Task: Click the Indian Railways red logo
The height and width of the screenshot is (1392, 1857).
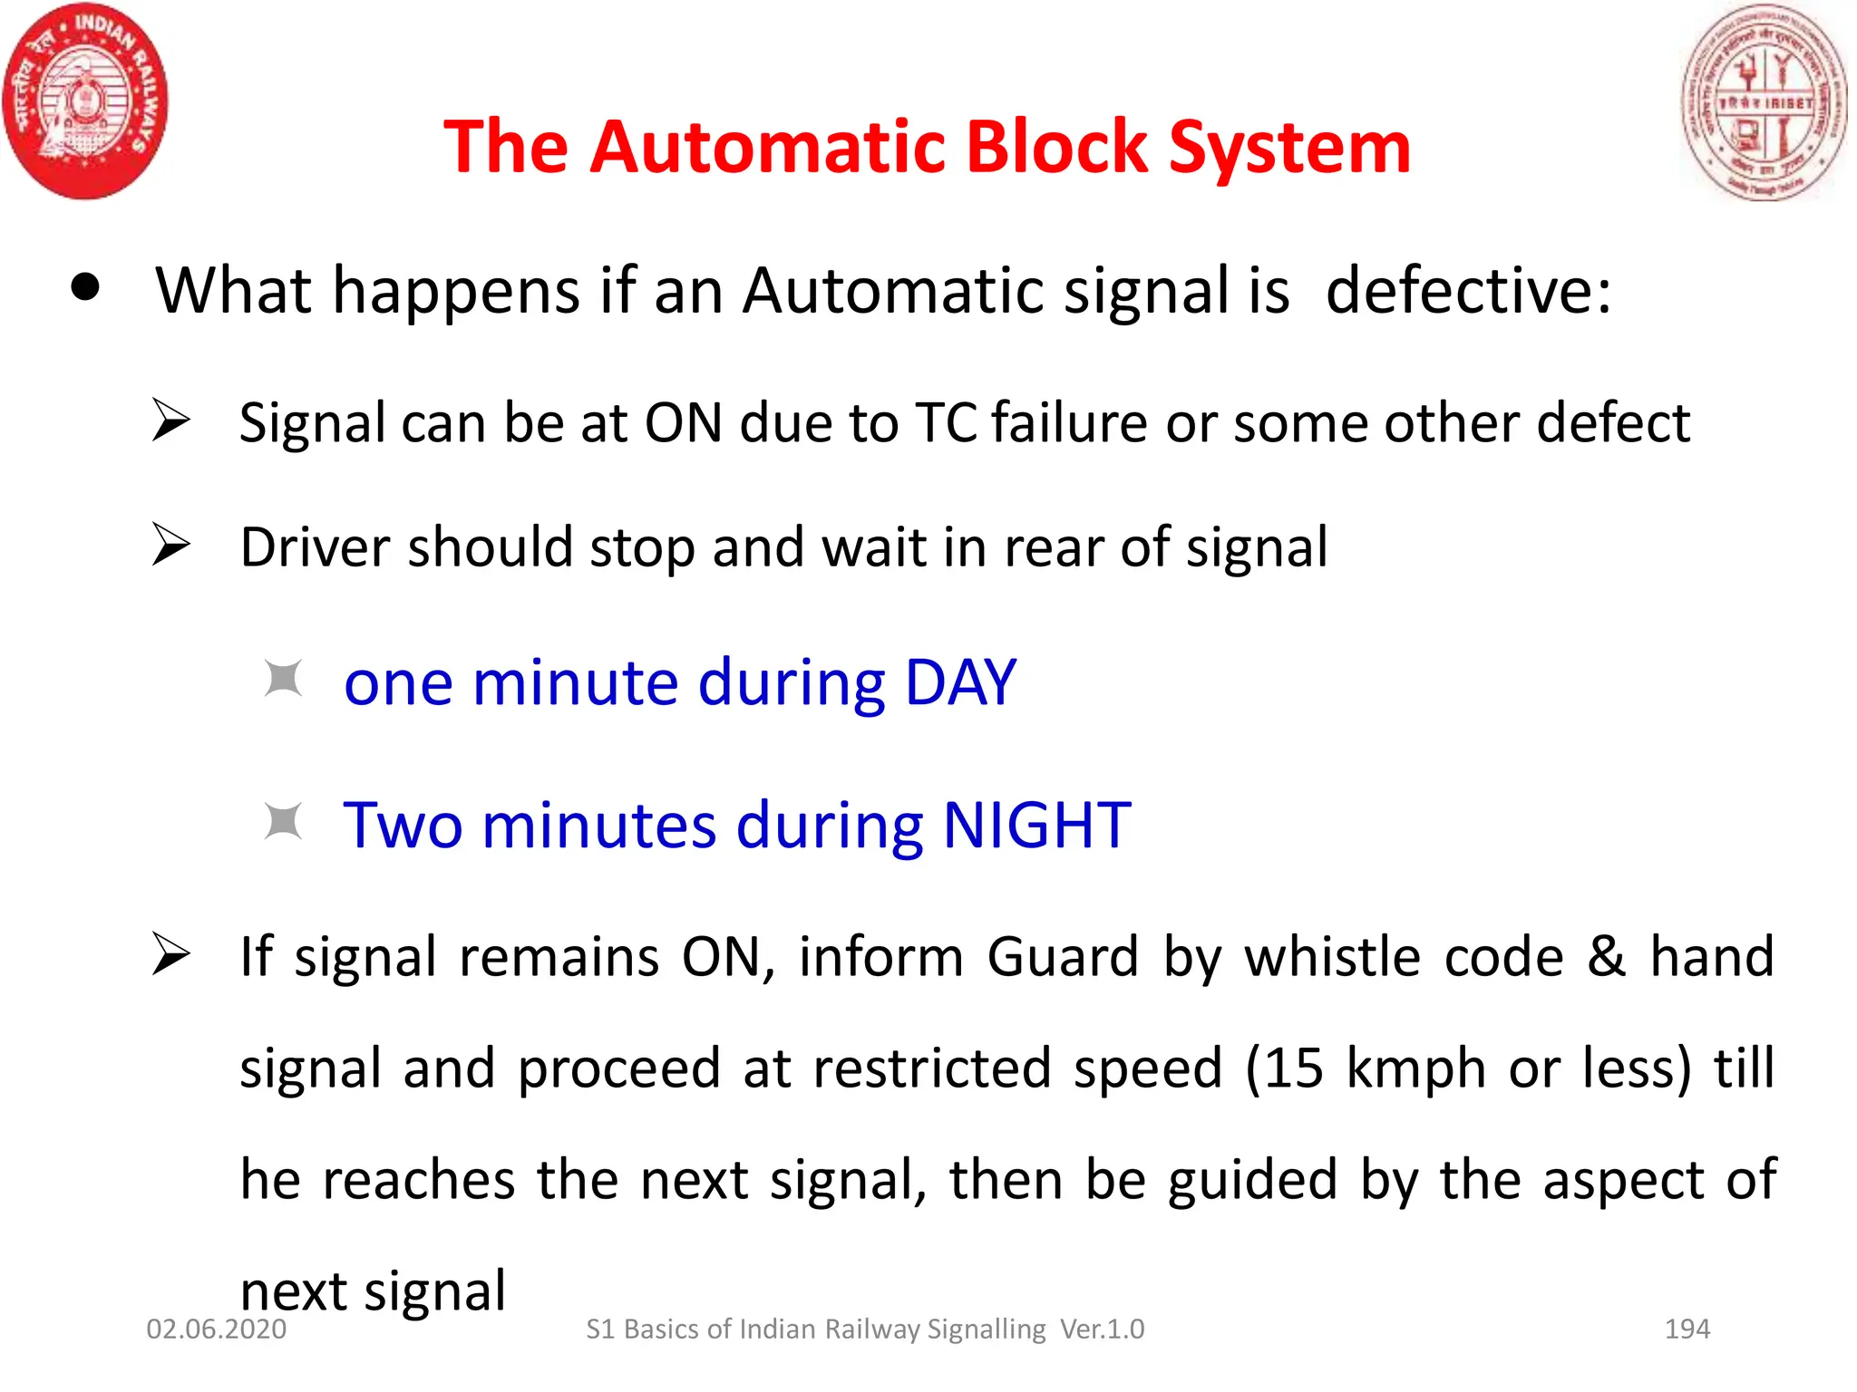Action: [85, 101]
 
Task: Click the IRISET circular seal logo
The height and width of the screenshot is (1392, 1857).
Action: [1764, 101]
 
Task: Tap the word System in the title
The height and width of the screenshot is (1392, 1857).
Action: [1289, 149]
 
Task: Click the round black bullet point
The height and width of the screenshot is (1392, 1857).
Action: [85, 288]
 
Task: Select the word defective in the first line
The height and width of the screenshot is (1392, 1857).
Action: [1468, 291]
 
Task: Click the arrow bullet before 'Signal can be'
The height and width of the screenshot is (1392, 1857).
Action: [170, 420]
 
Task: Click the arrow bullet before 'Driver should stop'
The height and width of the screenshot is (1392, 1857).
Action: [170, 545]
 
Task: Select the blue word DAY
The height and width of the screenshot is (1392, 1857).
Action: [960, 681]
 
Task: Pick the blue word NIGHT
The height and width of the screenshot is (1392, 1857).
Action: [1036, 825]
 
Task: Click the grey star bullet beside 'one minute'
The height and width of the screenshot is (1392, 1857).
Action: [283, 679]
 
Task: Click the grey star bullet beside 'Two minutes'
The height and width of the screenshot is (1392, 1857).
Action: [283, 822]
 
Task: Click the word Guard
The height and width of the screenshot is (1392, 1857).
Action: [1062, 958]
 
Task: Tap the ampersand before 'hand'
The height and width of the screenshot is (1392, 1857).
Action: [1606, 957]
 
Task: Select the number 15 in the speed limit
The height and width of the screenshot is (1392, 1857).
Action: [1294, 1068]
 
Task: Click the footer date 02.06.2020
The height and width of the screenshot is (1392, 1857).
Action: [216, 1329]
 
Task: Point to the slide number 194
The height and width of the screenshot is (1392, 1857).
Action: [1687, 1329]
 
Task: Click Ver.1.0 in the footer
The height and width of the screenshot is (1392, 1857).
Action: [1102, 1329]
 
